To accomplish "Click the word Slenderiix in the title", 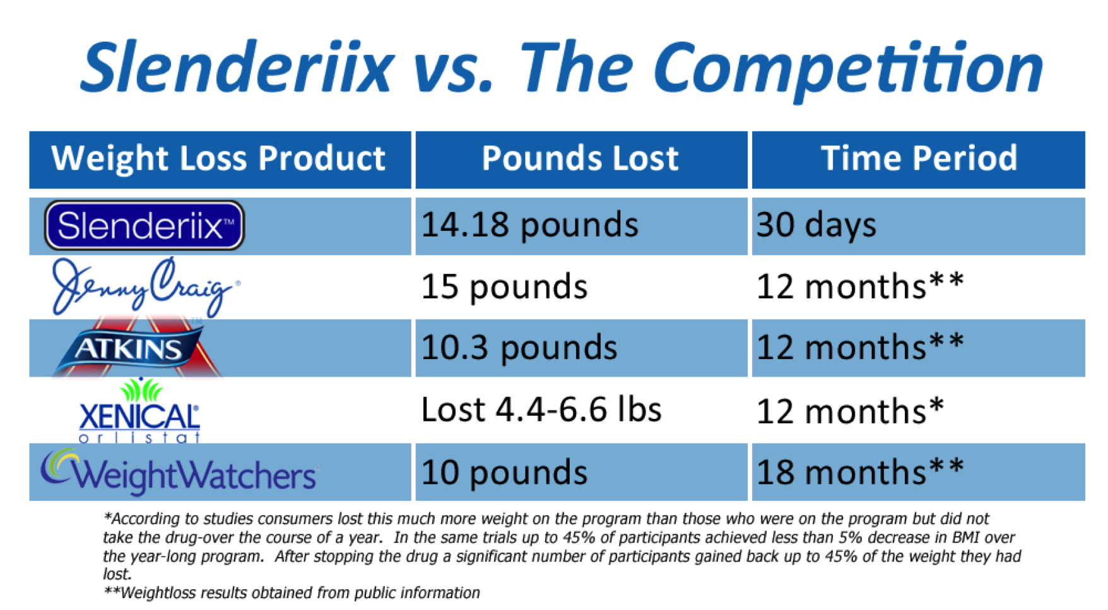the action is point(237,66).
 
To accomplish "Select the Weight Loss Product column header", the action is point(218,159).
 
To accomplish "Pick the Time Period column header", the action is point(919,159).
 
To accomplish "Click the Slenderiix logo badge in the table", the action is point(144,225).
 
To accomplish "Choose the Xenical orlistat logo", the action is point(139,410).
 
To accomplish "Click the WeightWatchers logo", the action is point(179,472).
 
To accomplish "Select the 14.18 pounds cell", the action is point(530,226).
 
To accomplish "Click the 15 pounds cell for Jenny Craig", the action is point(504,287).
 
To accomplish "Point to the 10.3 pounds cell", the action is point(519,348).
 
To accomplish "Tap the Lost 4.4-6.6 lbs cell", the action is point(541,409).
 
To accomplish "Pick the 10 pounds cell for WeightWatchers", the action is point(504,472).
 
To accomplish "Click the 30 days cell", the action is point(816,226).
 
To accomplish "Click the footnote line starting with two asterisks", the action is point(292,593).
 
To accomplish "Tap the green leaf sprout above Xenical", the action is point(141,390).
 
